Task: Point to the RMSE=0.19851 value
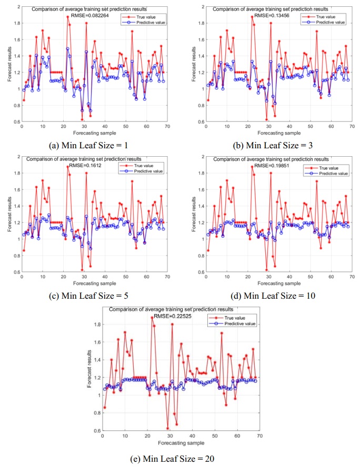(x=273, y=166)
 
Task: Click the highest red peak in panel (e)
(x=152, y=317)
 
